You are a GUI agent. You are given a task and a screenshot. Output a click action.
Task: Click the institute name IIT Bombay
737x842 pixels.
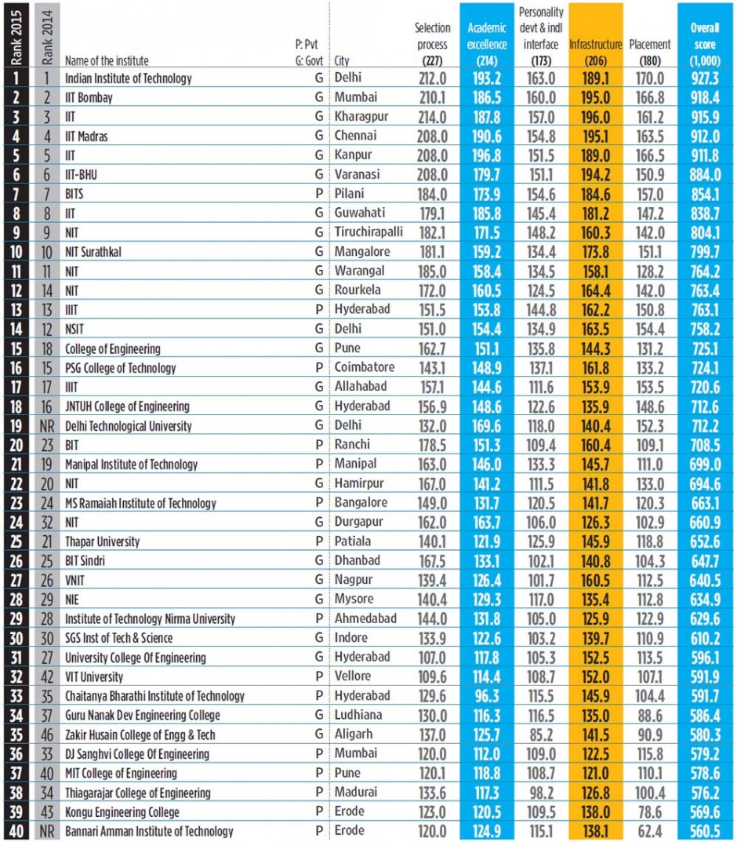point(89,98)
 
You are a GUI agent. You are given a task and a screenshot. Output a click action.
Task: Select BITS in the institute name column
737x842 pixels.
point(76,194)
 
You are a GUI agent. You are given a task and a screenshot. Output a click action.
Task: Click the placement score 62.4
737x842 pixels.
point(649,831)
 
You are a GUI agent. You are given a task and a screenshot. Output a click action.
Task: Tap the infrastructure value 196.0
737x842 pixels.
point(596,117)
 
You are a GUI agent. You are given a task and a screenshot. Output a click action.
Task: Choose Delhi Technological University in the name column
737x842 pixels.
point(128,425)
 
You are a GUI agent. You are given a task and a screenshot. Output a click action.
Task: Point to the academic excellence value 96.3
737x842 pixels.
point(488,695)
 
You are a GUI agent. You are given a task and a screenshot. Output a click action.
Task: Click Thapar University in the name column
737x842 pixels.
point(103,541)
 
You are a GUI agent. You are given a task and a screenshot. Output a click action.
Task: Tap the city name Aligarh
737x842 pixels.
point(354,734)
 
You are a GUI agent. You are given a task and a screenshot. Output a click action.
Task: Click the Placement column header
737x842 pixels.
point(649,45)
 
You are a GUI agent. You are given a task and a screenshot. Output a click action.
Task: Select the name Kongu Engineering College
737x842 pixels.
point(122,812)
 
